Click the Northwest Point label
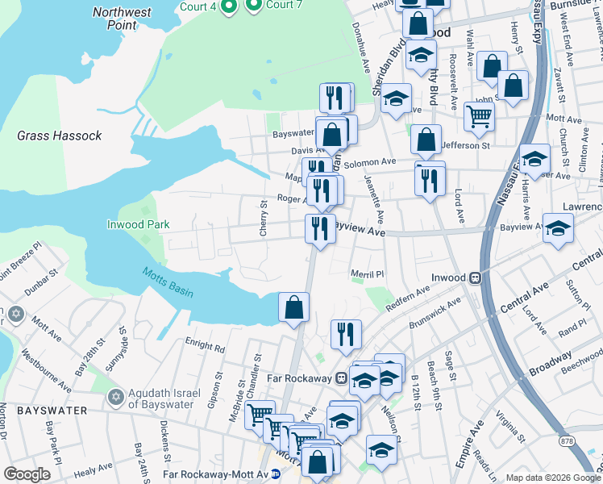(x=121, y=19)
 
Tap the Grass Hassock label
(x=60, y=136)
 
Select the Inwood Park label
(x=139, y=224)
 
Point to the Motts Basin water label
(x=168, y=283)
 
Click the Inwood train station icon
(x=476, y=277)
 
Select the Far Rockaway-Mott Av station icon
(x=277, y=474)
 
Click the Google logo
(x=27, y=474)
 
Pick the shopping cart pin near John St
(x=479, y=116)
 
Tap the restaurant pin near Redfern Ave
(x=346, y=333)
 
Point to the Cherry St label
(x=264, y=219)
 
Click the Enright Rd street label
(x=208, y=348)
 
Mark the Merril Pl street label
(x=368, y=274)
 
